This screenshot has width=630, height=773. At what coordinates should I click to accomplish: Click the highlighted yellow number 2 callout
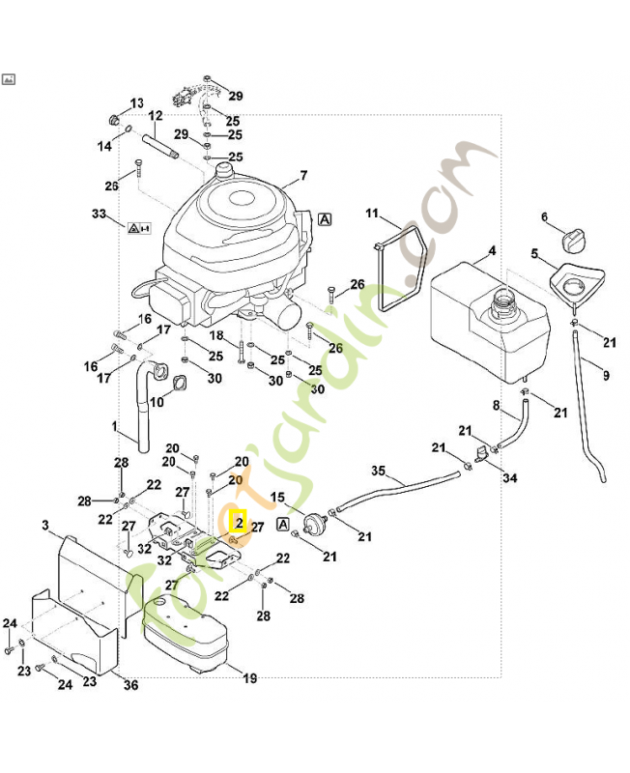pyautogui.click(x=238, y=522)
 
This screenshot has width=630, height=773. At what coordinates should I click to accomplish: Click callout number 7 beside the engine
pyautogui.click(x=302, y=176)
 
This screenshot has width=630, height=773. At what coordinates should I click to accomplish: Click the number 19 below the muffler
pyautogui.click(x=249, y=679)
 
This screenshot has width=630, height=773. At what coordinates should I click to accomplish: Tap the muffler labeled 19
pyautogui.click(x=187, y=632)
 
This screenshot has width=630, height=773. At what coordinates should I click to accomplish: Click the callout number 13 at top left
pyautogui.click(x=136, y=103)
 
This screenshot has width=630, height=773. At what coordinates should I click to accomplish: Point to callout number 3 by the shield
pyautogui.click(x=45, y=525)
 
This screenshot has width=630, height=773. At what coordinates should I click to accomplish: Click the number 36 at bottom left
pyautogui.click(x=131, y=686)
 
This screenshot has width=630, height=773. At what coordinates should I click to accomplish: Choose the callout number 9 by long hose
pyautogui.click(x=606, y=375)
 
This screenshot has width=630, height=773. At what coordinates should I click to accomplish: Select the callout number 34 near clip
pyautogui.click(x=509, y=477)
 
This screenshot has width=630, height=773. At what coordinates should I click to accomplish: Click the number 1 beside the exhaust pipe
pyautogui.click(x=114, y=425)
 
